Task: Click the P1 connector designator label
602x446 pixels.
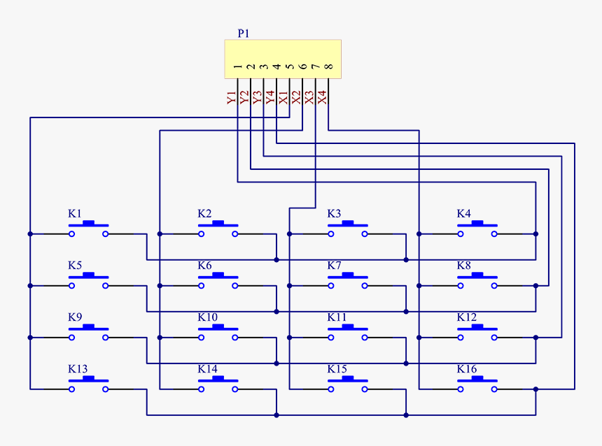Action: click(243, 33)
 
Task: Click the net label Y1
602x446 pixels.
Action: click(232, 98)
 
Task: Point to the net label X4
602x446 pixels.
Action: click(322, 98)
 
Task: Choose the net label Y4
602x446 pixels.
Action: click(270, 98)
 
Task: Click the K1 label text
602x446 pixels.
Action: click(75, 213)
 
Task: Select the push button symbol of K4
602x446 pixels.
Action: click(477, 229)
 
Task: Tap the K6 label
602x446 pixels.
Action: click(204, 266)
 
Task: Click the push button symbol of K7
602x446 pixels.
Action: click(348, 280)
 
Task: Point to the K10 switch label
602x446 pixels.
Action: click(207, 317)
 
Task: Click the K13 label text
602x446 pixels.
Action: click(78, 369)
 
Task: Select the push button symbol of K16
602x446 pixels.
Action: click(477, 384)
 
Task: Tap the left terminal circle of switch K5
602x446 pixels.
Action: click(71, 286)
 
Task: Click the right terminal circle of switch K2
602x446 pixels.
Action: click(235, 234)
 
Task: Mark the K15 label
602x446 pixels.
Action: click(337, 369)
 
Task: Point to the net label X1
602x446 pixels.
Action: click(283, 98)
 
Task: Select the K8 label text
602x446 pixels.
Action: click(464, 266)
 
